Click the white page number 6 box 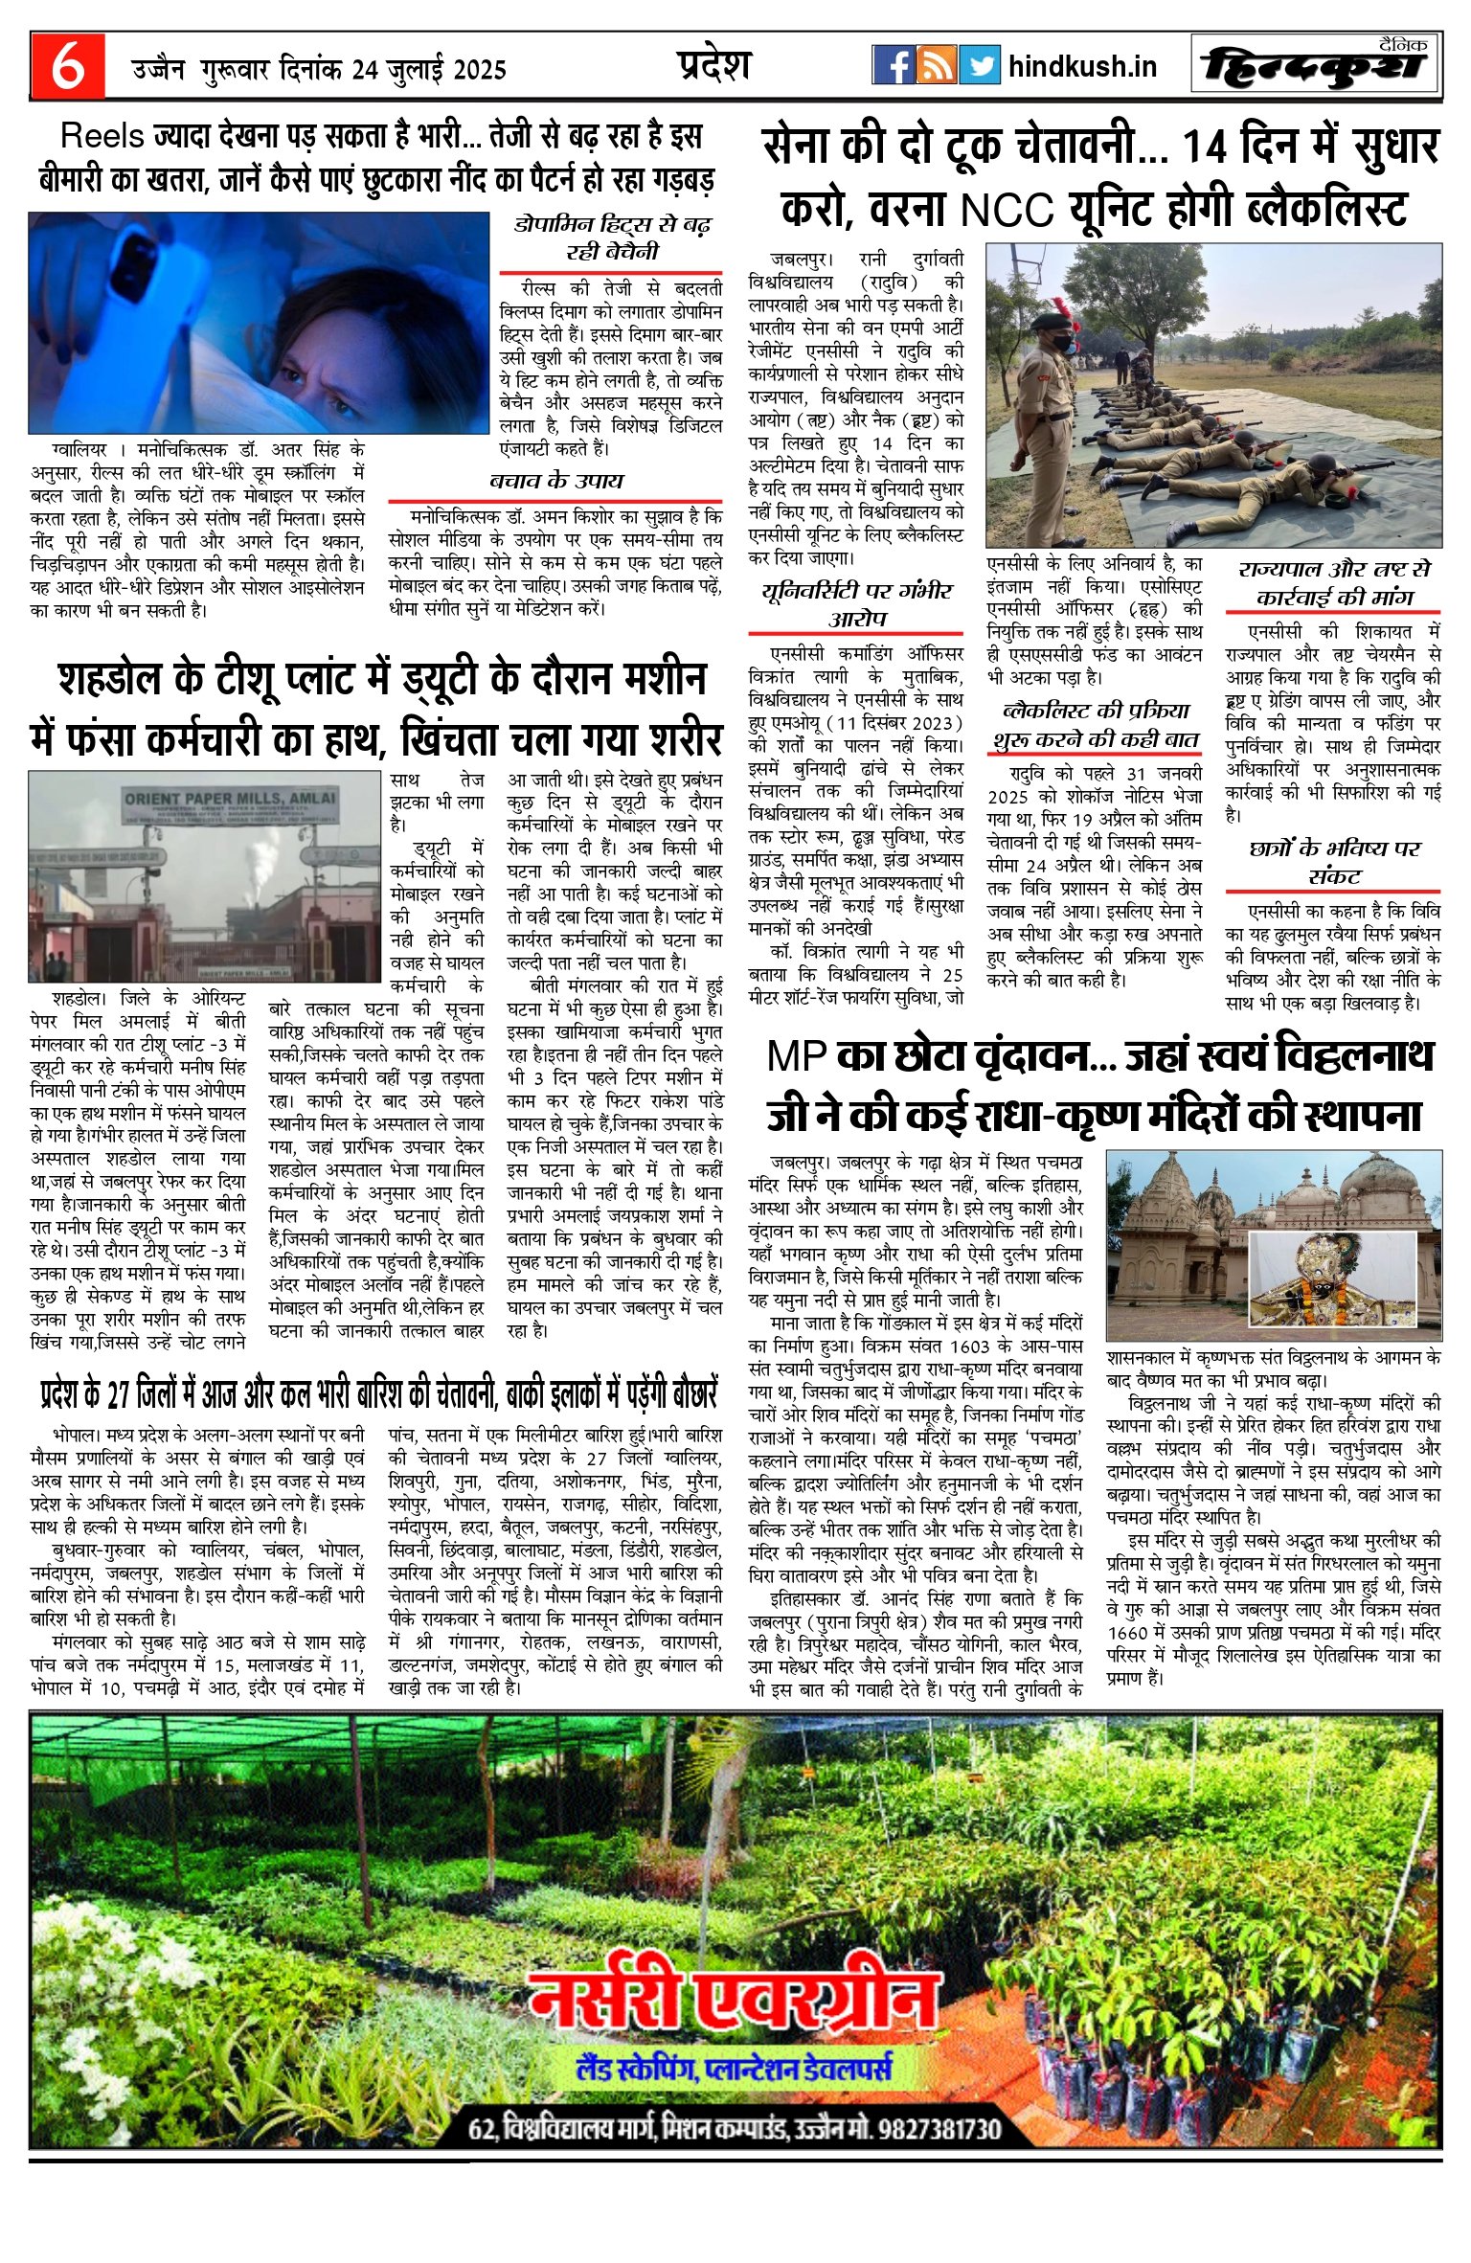[x=66, y=65]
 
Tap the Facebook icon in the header [x=893, y=65]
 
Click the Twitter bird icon [x=979, y=65]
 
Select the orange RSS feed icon [x=936, y=65]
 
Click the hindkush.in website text [x=1082, y=66]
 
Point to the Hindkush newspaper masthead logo [x=1316, y=65]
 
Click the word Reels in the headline [x=102, y=136]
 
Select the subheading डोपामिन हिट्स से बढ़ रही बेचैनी [x=612, y=238]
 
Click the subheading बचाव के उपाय [x=555, y=481]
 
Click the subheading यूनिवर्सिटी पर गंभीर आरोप [x=856, y=604]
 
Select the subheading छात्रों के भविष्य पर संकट [x=1334, y=861]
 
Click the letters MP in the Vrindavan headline [x=797, y=1055]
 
